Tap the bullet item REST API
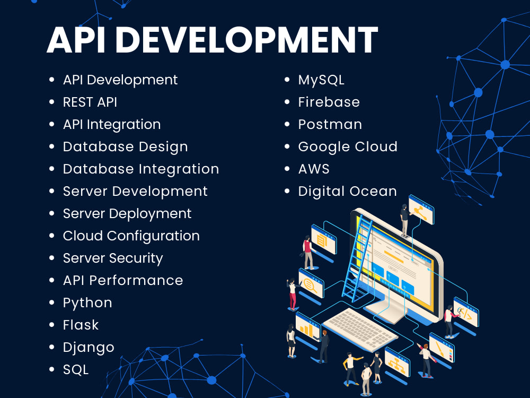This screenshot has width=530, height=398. point(90,102)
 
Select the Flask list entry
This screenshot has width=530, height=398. point(81,325)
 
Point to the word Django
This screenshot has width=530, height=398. point(89,348)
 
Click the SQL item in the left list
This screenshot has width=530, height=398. point(75,370)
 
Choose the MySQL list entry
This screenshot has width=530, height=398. point(321,80)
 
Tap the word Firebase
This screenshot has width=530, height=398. point(329,102)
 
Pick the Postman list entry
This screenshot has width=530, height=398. point(330,124)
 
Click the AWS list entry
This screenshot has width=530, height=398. point(314,169)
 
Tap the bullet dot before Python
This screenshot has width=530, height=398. point(51,302)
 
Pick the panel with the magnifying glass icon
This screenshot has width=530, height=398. point(311,284)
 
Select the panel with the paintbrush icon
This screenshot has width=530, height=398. point(441,348)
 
